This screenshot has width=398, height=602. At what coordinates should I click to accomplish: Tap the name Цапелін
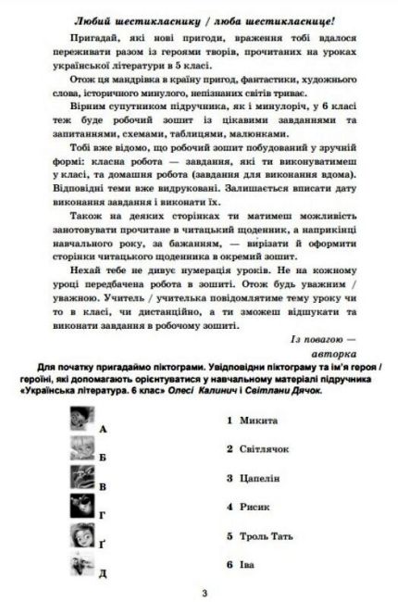[x=260, y=478]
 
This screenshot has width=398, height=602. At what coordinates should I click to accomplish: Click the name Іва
[x=248, y=564]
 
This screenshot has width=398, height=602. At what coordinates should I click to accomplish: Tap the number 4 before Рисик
[x=229, y=507]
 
